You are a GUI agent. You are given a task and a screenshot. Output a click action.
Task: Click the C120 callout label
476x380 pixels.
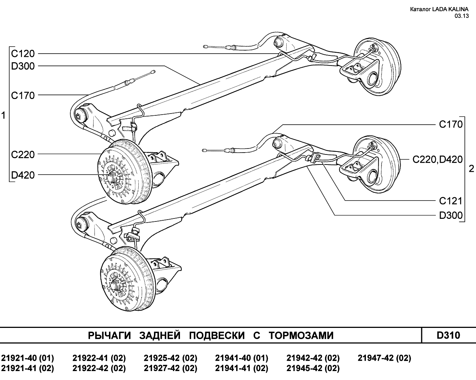tap(23, 54)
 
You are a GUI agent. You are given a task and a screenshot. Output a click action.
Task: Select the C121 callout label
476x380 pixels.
tap(451, 201)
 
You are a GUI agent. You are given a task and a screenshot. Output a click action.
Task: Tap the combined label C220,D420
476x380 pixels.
tap(438, 159)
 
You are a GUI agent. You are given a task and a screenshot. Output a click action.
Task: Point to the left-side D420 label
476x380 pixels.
tap(23, 175)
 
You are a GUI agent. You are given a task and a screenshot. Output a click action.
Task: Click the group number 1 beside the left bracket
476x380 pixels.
tap(3, 115)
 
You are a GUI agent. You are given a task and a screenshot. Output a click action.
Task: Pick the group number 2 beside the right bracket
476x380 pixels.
tap(472, 169)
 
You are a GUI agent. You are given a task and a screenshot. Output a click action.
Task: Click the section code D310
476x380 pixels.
tap(448, 335)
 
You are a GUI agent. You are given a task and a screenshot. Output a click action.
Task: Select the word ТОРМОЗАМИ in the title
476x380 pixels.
tap(301, 335)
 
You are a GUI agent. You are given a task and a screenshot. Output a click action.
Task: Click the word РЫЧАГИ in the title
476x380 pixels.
tap(109, 335)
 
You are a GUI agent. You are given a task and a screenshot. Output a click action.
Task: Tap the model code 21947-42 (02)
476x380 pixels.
tap(385, 358)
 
